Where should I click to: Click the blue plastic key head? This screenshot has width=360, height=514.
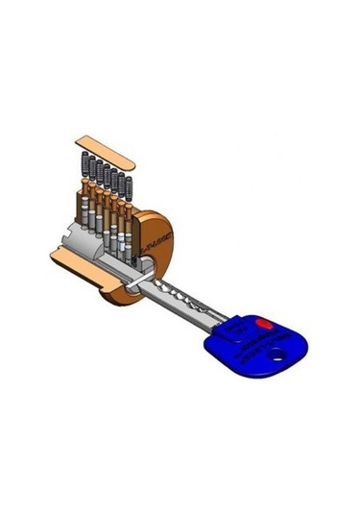(x=259, y=346)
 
